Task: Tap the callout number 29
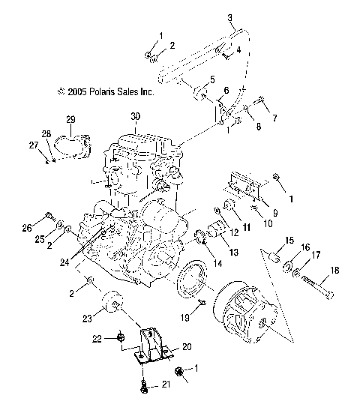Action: [x=70, y=120]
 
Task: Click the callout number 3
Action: [x=230, y=17]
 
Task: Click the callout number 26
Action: [x=48, y=228]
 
